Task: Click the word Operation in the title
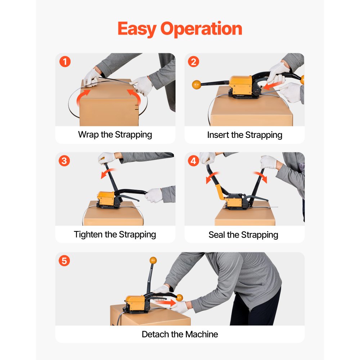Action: tap(202, 29)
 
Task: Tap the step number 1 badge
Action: tap(64, 62)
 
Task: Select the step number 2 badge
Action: tap(194, 62)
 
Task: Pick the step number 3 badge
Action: tap(64, 161)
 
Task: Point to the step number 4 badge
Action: tap(194, 161)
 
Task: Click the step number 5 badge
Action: tap(64, 261)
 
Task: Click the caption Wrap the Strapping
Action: tap(115, 135)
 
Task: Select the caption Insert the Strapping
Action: tap(244, 135)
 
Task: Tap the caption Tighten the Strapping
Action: tap(115, 235)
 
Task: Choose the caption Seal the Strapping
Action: tap(243, 235)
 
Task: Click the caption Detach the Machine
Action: tap(180, 334)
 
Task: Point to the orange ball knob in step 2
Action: tap(197, 85)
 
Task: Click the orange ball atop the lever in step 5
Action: tap(153, 260)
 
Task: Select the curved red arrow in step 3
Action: tap(108, 173)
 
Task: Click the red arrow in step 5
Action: tap(166, 303)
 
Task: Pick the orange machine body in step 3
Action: tap(105, 198)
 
